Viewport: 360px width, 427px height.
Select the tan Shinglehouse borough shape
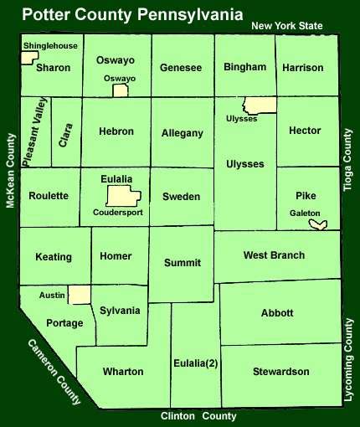tap(29, 58)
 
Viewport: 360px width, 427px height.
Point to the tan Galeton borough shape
tap(317, 224)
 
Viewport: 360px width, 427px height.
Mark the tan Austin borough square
tap(80, 294)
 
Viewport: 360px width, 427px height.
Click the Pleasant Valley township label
tap(35, 132)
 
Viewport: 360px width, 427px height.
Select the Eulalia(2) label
tap(194, 363)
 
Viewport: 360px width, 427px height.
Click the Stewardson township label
tap(281, 371)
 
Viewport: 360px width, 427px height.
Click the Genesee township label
tap(181, 67)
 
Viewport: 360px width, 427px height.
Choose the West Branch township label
tap(274, 255)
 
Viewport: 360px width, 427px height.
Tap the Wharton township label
tap(123, 371)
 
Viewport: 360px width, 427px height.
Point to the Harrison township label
tap(303, 67)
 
